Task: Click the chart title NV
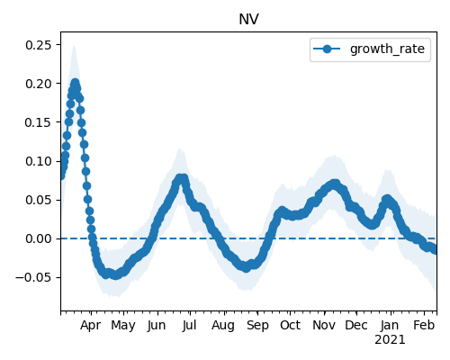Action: click(x=248, y=20)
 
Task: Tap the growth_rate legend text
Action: click(x=387, y=49)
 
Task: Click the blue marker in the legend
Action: click(x=327, y=49)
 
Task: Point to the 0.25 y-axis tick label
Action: click(x=39, y=45)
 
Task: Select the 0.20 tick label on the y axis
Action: click(x=39, y=84)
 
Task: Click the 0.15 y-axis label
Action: click(x=39, y=122)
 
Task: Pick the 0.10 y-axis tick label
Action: click(x=39, y=161)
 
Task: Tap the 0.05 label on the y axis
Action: click(x=39, y=200)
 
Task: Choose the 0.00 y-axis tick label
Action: click(x=39, y=238)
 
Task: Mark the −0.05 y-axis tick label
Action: click(x=34, y=277)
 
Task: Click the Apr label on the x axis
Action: click(x=90, y=326)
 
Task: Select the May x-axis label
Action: click(x=123, y=326)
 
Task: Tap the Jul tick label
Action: click(x=189, y=325)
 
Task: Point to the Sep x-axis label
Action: click(x=257, y=326)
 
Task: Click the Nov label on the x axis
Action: click(x=324, y=325)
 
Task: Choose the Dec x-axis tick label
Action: click(x=356, y=325)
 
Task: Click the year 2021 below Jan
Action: click(x=390, y=340)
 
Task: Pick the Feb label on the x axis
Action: click(x=424, y=325)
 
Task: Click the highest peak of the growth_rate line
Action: click(x=76, y=83)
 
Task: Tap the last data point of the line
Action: click(x=435, y=249)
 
